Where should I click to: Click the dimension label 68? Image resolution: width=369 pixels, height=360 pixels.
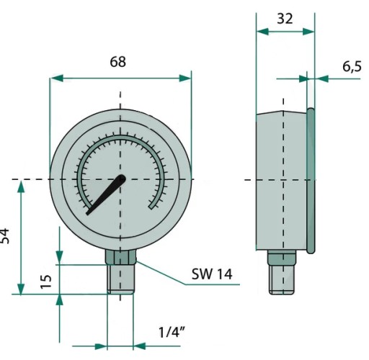coord(117,62)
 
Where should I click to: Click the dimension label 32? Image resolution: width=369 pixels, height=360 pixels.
coord(285,19)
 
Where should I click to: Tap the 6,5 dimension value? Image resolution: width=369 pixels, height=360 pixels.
coord(352,66)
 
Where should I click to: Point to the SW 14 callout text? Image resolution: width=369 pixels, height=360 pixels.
coord(212,274)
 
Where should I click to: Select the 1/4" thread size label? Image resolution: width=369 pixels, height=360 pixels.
coord(172,332)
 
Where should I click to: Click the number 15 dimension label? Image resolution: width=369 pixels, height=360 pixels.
coord(46,282)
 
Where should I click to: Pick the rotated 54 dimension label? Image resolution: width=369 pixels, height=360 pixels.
coord(4,236)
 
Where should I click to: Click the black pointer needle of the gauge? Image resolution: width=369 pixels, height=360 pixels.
coord(106,194)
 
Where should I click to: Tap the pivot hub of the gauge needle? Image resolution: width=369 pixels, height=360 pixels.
coord(121,179)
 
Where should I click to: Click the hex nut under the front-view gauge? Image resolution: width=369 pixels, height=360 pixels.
coord(120,256)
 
